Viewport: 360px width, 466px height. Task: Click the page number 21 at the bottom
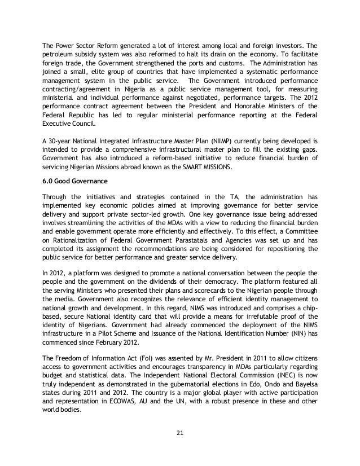[179, 433]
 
